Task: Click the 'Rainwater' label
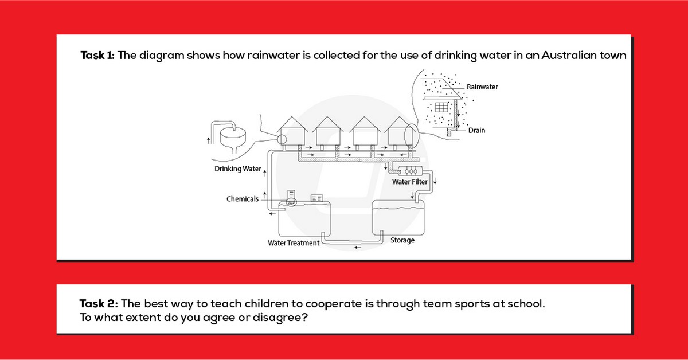(482, 87)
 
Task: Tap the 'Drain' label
(476, 130)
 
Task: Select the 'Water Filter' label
(410, 182)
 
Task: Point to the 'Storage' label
(402, 240)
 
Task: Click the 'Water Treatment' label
(294, 243)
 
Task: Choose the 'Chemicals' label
(243, 199)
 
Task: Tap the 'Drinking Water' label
(238, 169)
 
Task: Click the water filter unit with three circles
(411, 171)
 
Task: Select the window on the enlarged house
(441, 107)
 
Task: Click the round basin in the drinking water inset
(233, 136)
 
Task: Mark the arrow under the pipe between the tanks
(358, 248)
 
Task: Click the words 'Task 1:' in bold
(97, 55)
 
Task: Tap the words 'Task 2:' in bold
(99, 303)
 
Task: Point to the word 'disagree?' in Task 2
(280, 318)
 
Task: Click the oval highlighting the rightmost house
(411, 135)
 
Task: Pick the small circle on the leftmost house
(282, 140)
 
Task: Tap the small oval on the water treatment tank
(291, 202)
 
